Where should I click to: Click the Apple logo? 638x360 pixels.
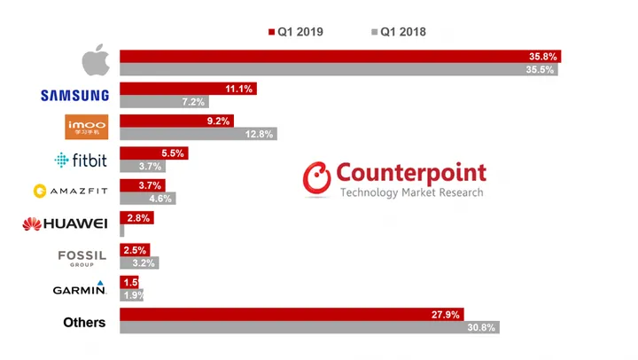point(96,62)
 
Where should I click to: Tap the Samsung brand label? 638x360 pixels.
point(75,96)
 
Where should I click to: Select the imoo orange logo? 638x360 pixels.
point(87,128)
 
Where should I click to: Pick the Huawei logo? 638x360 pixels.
point(65,223)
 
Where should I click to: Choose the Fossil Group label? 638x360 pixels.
point(82,256)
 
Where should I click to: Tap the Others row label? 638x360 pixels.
point(84,322)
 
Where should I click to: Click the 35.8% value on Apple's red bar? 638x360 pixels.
point(541,56)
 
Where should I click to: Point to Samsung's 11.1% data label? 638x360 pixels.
point(238,89)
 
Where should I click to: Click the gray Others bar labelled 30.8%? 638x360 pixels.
point(309,327)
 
